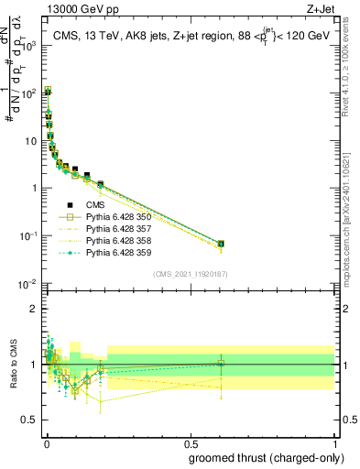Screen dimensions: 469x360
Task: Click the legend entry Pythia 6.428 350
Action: coord(105,217)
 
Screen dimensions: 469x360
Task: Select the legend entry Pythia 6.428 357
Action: coord(105,229)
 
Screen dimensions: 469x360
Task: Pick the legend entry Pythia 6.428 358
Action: coord(105,241)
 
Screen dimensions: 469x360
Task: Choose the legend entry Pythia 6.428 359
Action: coord(105,253)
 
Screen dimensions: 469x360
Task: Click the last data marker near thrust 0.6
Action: coord(221,244)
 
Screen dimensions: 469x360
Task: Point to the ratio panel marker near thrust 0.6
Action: coord(221,364)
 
